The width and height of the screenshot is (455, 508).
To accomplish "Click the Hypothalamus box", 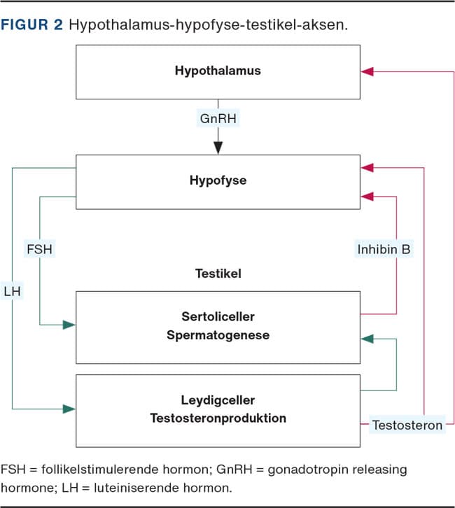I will coord(217,71).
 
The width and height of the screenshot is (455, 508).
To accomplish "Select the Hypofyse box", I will coord(217,181).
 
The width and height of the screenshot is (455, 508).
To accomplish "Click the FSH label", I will coord(40,248).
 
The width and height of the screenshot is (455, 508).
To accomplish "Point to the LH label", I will coord(13,288).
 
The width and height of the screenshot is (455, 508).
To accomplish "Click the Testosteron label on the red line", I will coord(407,425).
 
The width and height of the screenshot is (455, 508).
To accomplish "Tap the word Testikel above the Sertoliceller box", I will coord(218,274).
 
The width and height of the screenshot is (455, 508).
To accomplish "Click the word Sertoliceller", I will coord(218,316).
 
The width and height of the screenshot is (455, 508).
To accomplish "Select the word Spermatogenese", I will coord(218,335).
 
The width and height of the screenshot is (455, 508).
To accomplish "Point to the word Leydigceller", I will coord(218,400).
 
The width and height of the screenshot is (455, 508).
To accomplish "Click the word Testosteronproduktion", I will coord(218,418).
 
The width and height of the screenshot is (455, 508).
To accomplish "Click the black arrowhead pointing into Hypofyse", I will coord(218,148).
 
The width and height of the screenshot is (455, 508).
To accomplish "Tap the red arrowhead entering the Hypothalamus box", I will coord(368,71).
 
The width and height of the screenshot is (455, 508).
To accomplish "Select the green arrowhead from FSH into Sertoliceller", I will coord(69,325).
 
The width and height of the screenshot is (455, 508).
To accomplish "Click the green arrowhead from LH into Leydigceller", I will coord(69,408).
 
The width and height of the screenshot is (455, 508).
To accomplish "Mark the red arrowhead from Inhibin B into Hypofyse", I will coord(368,197).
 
